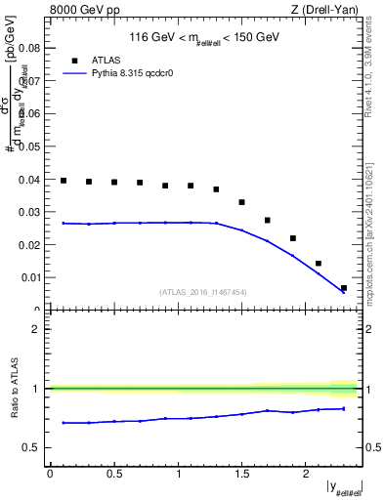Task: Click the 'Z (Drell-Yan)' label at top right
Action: click(x=326, y=11)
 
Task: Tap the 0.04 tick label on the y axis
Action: click(x=29, y=180)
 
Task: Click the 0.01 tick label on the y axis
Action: click(x=29, y=277)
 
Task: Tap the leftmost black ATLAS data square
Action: click(x=64, y=181)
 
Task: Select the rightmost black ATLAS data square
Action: click(x=344, y=288)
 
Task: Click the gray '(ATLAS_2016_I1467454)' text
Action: click(x=203, y=291)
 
